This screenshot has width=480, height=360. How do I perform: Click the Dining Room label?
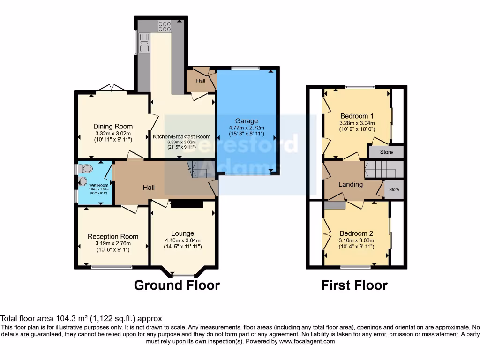point(113,126)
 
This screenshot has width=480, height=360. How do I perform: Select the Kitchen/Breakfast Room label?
point(181,136)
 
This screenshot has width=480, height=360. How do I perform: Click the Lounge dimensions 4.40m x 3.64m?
point(182,241)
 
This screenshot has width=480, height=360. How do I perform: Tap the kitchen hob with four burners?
point(165,26)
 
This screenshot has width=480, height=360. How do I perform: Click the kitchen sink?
point(143,42)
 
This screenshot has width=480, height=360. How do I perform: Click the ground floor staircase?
point(197,169)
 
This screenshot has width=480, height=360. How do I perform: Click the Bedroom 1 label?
point(357,116)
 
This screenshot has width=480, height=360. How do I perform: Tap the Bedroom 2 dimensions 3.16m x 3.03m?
point(357,241)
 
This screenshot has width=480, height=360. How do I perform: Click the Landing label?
point(351,184)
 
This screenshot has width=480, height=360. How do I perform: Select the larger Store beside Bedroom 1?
point(386,152)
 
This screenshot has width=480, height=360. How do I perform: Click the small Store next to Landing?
point(394,190)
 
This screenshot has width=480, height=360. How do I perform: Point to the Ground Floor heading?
point(177,285)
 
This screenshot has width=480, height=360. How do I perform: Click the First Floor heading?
point(354,285)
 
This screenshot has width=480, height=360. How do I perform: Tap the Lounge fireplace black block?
point(187,204)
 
